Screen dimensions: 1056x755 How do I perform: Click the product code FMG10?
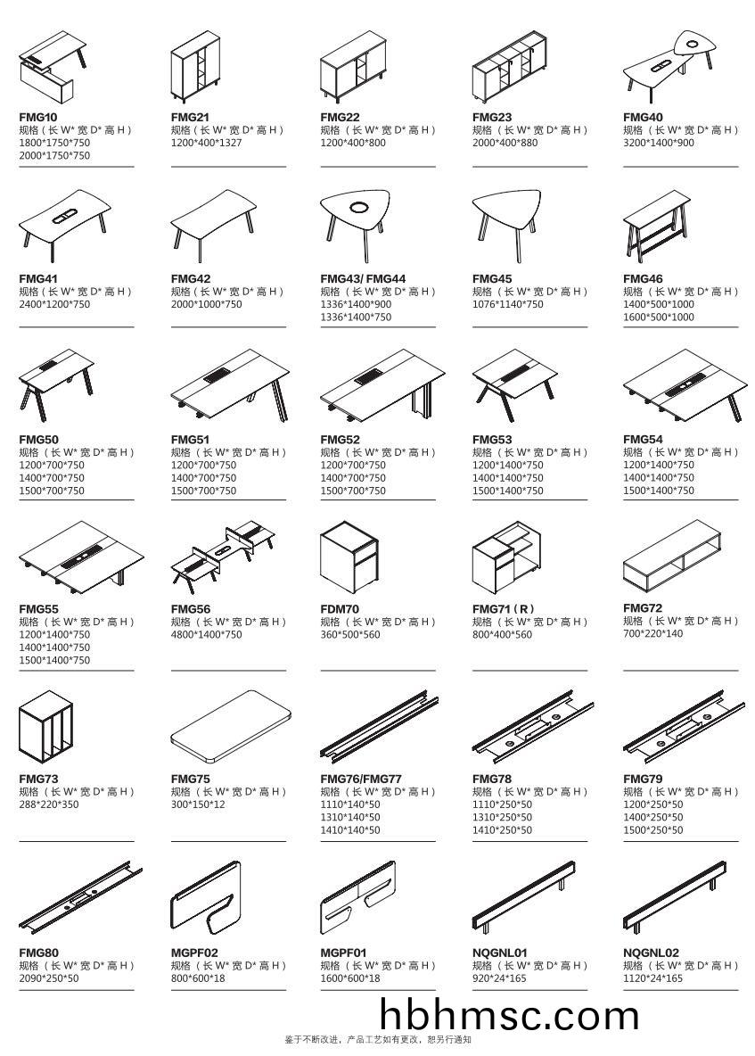tap(37, 117)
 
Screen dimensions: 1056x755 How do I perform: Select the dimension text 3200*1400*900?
tap(658, 143)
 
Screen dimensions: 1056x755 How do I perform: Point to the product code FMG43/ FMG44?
tap(362, 279)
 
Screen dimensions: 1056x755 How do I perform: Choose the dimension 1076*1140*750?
tap(507, 304)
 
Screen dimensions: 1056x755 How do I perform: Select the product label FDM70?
tap(340, 609)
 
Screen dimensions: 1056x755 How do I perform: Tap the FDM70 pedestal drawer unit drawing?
tap(350, 557)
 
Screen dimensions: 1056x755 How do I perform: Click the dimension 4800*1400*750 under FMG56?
tap(205, 635)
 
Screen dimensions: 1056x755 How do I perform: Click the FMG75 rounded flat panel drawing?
tap(231, 726)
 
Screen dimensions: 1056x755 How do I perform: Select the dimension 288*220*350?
tap(48, 804)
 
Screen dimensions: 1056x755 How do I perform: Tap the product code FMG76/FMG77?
tap(361, 779)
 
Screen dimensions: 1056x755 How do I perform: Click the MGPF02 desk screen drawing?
tap(206, 897)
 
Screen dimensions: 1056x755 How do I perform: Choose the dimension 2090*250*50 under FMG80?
tap(48, 978)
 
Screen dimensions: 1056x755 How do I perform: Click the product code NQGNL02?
tap(651, 953)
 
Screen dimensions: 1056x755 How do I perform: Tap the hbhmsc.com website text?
tap(509, 1016)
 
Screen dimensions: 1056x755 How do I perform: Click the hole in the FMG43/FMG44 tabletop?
tap(359, 209)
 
